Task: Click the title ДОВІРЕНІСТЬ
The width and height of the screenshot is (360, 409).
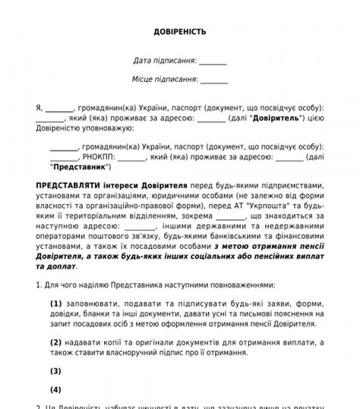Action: [180, 32]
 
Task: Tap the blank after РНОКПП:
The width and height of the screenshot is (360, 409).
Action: [133, 157]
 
